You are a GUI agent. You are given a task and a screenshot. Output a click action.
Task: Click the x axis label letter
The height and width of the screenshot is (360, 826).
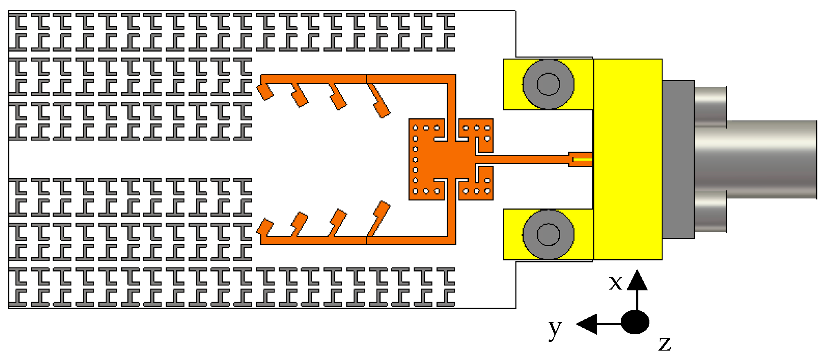coord(615,283)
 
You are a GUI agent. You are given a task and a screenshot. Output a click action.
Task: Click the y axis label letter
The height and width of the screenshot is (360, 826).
coord(555,328)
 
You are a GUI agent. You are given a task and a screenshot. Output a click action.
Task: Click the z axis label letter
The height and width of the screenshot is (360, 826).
coord(665,344)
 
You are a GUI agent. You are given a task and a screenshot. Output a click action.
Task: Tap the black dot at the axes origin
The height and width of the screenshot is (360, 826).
coord(635,322)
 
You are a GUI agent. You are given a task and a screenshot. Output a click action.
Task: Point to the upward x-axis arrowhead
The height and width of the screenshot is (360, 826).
coord(637,280)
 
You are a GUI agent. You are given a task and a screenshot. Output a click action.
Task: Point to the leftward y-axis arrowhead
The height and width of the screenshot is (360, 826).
coord(587,324)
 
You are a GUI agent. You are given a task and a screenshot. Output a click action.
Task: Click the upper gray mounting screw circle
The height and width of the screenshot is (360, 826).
coord(548,84)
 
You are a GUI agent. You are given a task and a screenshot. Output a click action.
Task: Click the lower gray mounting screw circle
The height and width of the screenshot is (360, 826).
coord(548,234)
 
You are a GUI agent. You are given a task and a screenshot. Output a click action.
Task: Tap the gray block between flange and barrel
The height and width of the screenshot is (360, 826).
coord(678,159)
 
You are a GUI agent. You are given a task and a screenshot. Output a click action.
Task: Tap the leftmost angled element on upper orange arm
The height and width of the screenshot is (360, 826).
coord(265,92)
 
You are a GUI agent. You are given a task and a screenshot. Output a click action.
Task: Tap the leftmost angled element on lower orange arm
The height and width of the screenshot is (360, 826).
coord(265,227)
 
